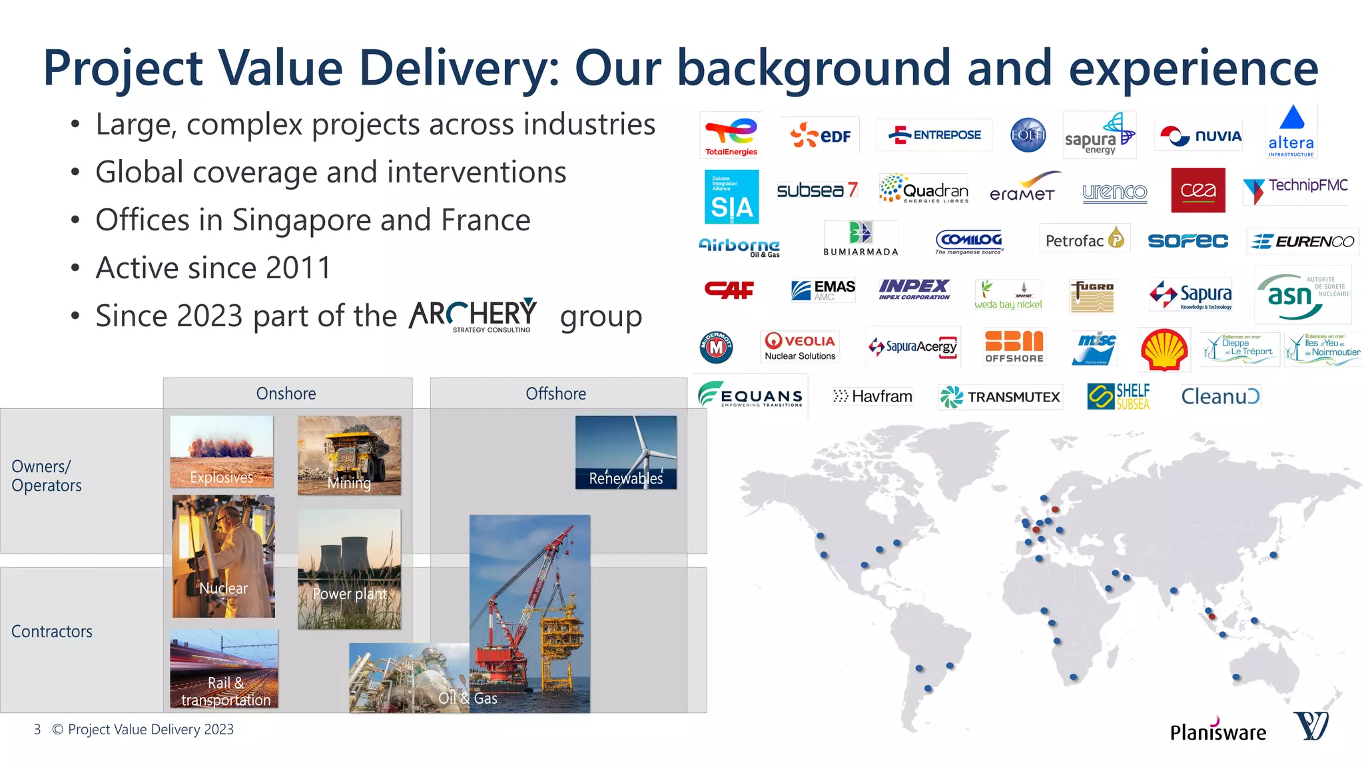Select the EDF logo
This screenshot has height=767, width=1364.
[x=821, y=135]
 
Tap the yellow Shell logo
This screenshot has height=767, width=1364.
[x=1164, y=349]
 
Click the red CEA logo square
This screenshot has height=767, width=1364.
[x=1197, y=190]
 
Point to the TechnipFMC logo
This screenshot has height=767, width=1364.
[x=1295, y=189]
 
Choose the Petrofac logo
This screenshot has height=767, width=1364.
[x=1084, y=240]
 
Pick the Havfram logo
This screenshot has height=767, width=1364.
[x=872, y=397]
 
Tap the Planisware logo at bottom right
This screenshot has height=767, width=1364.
[x=1218, y=731]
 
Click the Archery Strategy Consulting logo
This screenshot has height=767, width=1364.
[x=474, y=315]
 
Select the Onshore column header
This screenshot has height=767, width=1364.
[x=286, y=393]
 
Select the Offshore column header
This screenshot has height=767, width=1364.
[x=556, y=393]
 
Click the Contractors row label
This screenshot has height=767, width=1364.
[x=52, y=631]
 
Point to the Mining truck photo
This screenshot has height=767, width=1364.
[x=349, y=455]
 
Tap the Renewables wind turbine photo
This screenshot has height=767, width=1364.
[x=626, y=453]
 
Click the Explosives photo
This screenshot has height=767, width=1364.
[x=222, y=452]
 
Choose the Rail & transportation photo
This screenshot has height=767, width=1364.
[x=224, y=668]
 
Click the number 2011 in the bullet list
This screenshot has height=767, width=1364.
[x=298, y=268]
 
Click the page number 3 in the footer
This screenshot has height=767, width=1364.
[x=37, y=730]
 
